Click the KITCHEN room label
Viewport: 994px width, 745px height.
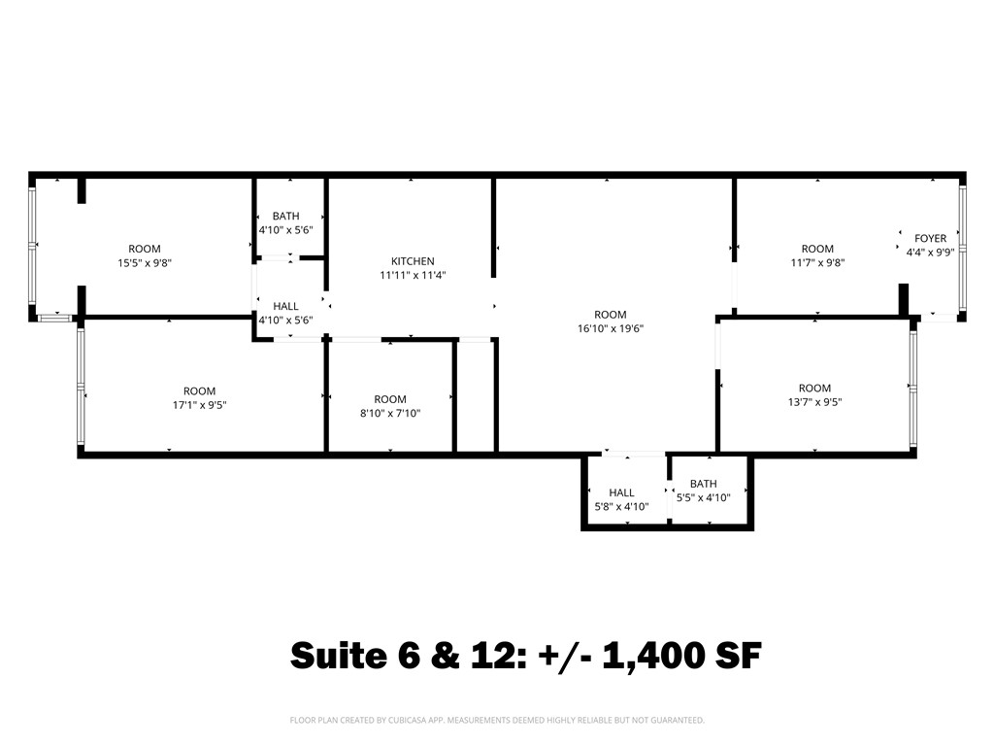[x=413, y=261]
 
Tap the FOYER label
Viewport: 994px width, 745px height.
[x=930, y=238]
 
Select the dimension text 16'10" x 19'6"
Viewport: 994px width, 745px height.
[x=611, y=328]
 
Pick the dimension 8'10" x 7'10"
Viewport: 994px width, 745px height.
[x=390, y=413]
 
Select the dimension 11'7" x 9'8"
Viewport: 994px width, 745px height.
[x=817, y=262]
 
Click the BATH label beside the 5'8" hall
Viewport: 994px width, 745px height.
[x=703, y=484]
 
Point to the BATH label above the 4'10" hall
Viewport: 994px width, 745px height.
[x=285, y=216]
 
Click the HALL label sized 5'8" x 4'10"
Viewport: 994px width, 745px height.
[x=621, y=492]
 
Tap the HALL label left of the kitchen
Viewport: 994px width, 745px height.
[x=285, y=306]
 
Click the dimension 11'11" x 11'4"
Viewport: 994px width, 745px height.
[x=413, y=275]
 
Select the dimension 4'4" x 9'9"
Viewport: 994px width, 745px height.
[x=930, y=252]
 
